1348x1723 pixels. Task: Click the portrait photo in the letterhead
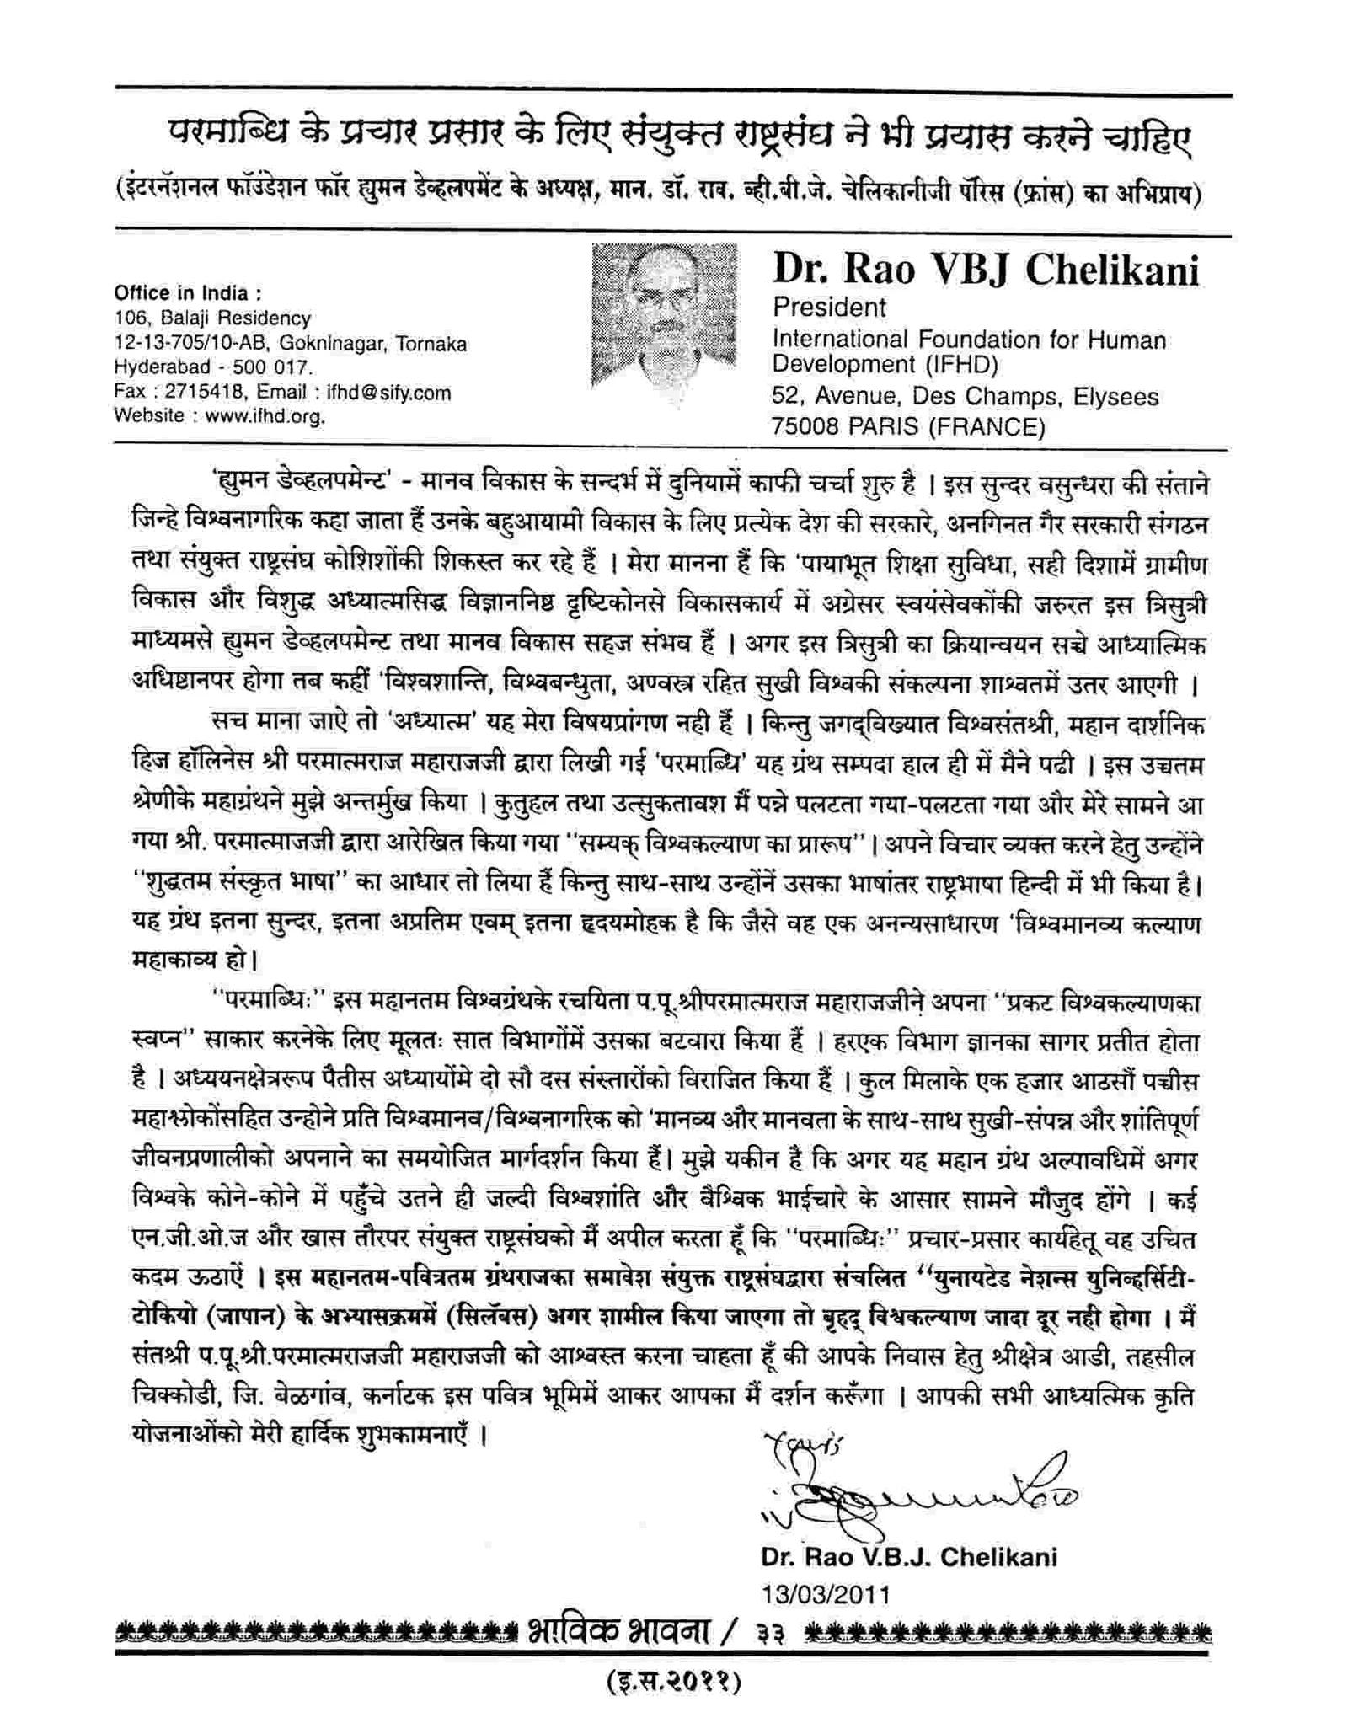pyautogui.click(x=664, y=315)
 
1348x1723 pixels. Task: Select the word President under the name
pyautogui.click(x=829, y=308)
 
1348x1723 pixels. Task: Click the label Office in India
pyautogui.click(x=188, y=294)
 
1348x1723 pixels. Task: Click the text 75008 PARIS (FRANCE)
pyautogui.click(x=908, y=427)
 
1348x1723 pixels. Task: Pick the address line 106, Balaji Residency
pyautogui.click(x=212, y=318)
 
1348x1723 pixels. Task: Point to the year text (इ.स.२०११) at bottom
pyautogui.click(x=673, y=1683)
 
